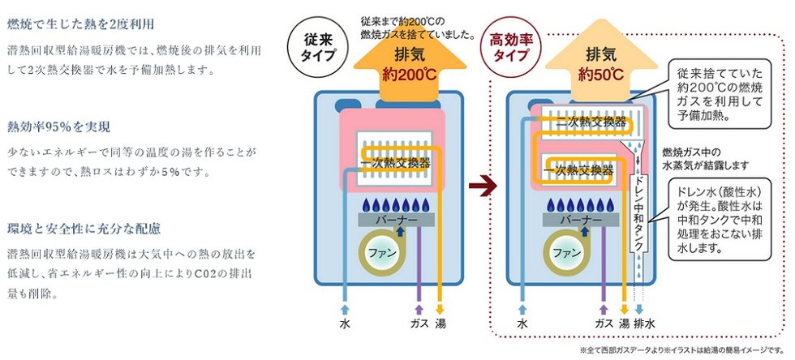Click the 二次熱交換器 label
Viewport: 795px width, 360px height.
click(591, 122)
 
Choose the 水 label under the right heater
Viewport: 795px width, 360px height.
click(522, 323)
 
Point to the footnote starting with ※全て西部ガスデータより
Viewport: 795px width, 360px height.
click(683, 350)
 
